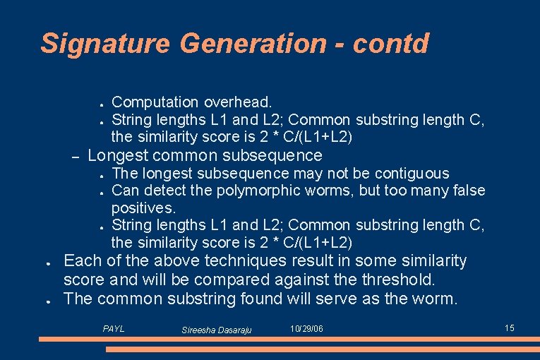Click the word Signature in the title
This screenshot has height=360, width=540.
tap(105, 44)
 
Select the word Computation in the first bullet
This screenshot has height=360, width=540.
tap(155, 103)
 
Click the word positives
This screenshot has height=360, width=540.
tap(143, 208)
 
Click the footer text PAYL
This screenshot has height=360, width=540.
tap(113, 329)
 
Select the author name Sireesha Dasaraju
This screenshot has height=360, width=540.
tap(216, 330)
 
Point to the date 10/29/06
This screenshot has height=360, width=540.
tap(306, 329)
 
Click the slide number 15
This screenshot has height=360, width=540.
tap(510, 328)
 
